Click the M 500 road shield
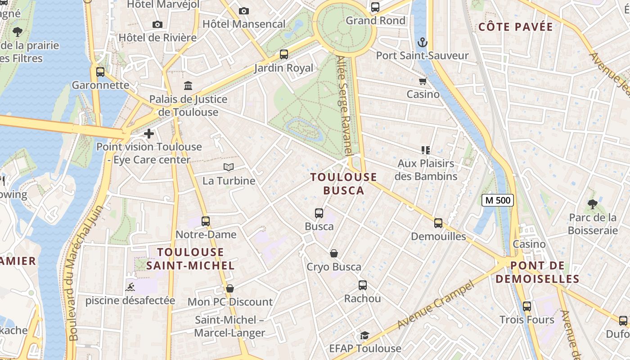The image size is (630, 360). pyautogui.click(x=498, y=200)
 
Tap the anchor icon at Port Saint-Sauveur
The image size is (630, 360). pyautogui.click(x=423, y=43)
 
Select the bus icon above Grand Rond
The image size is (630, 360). pyautogui.click(x=375, y=7)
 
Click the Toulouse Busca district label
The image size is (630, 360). pyautogui.click(x=344, y=184)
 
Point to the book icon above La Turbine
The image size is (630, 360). pyautogui.click(x=229, y=167)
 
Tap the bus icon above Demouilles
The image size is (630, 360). pyautogui.click(x=438, y=223)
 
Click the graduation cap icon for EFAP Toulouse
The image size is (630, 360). pyautogui.click(x=364, y=335)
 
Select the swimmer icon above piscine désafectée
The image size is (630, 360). pyautogui.click(x=130, y=287)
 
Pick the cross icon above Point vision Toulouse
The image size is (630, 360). pyautogui.click(x=149, y=134)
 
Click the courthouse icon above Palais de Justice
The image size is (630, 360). pyautogui.click(x=188, y=85)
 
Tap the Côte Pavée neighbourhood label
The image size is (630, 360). pyautogui.click(x=516, y=27)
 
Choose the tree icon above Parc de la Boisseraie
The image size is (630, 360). pyautogui.click(x=592, y=204)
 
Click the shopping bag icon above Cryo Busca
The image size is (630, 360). pyautogui.click(x=334, y=253)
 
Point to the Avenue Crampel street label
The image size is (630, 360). pyautogui.click(x=436, y=305)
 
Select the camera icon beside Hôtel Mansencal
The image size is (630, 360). pyautogui.click(x=243, y=11)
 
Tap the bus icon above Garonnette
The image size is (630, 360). pyautogui.click(x=100, y=72)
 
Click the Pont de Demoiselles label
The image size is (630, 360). pyautogui.click(x=538, y=272)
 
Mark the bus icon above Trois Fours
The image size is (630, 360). pyautogui.click(x=526, y=306)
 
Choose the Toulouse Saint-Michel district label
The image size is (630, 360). pyautogui.click(x=190, y=259)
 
